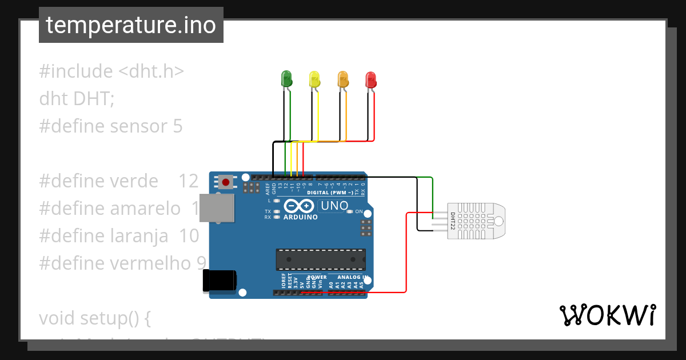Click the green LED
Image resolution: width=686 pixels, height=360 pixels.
(286, 78)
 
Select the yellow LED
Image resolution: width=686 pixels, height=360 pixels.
(314, 78)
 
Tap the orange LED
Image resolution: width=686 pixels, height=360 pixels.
(342, 78)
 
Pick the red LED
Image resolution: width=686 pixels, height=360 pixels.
(370, 79)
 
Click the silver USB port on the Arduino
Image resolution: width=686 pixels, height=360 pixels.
(221, 208)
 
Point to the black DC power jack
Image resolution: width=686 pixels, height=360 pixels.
(219, 281)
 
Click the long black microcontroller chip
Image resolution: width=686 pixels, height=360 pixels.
(321, 259)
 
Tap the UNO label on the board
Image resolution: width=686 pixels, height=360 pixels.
(334, 206)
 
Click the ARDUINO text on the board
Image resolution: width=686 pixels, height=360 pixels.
(300, 217)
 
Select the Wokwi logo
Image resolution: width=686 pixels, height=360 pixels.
(607, 315)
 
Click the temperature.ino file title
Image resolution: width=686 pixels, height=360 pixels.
(131, 25)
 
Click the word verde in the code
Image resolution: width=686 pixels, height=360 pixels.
(134, 181)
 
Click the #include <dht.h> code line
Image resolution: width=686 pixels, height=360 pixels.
(111, 71)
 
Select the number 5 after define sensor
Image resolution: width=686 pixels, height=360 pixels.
(178, 126)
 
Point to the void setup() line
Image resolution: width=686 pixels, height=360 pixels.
(95, 318)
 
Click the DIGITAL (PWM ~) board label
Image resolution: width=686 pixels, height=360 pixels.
(330, 193)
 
